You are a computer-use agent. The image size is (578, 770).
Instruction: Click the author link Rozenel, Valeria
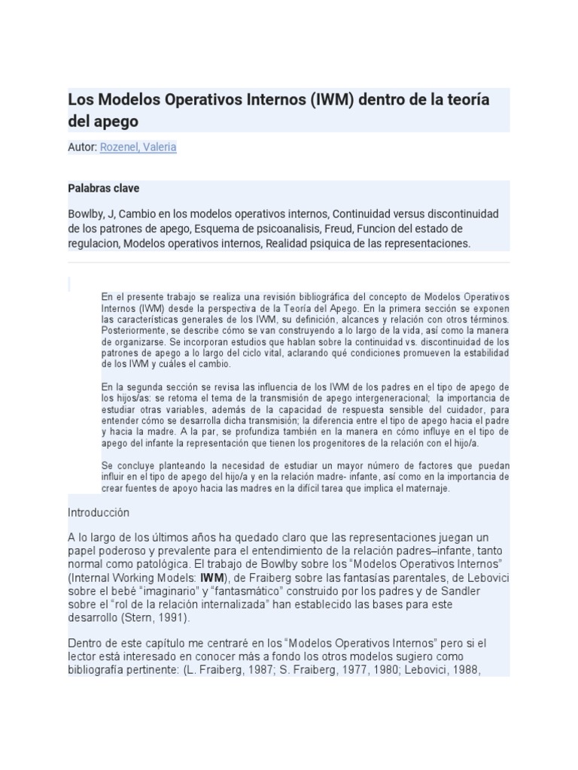coord(138,147)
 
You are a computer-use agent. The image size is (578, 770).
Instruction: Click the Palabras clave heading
coord(103,188)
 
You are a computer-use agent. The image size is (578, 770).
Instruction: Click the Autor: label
coord(83,147)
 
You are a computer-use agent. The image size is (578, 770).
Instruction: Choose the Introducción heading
coord(99,512)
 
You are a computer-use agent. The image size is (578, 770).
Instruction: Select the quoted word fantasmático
coord(245,591)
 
